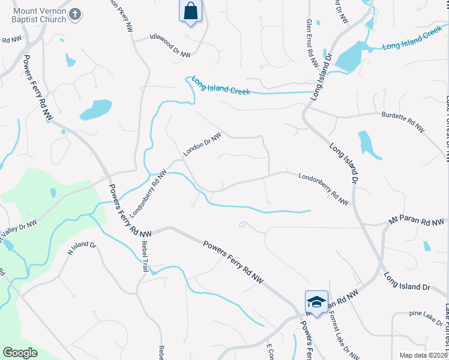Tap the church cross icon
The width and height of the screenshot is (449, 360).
[75, 14]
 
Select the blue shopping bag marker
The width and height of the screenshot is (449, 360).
[190, 11]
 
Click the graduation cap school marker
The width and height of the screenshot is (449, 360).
[316, 301]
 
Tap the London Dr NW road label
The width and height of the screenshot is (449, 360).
[202, 145]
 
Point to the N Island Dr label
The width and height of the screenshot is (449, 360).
[82, 248]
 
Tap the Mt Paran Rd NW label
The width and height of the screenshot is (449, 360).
[418, 221]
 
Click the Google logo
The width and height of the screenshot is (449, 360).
[20, 353]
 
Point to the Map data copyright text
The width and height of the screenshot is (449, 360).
[423, 355]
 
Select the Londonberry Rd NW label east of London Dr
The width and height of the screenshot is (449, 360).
[324, 188]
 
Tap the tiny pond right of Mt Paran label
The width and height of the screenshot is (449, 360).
[427, 245]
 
